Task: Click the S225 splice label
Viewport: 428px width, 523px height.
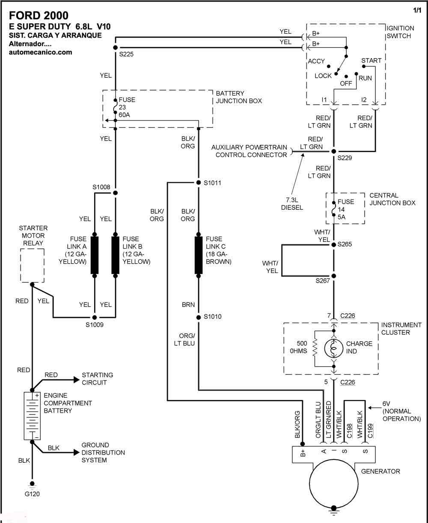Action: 126,54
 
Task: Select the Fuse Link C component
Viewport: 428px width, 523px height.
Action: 199,255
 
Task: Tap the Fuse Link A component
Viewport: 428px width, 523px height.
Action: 95,255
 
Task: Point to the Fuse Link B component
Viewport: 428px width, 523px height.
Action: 115,255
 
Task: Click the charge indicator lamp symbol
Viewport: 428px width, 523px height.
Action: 333,348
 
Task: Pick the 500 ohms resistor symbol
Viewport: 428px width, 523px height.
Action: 315,348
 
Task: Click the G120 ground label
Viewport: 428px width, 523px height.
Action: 32,494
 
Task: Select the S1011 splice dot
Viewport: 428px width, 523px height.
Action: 199,182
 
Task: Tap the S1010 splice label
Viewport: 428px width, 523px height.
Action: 212,317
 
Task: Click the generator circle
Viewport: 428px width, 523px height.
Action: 333,484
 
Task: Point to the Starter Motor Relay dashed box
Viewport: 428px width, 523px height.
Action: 32,265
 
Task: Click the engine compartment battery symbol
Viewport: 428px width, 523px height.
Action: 32,416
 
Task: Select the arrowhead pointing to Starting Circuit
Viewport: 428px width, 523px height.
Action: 77,380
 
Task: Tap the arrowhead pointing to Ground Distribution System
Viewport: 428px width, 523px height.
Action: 77,452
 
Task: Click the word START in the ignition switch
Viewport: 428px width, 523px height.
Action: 371,61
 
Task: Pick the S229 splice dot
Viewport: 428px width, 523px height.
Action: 333,151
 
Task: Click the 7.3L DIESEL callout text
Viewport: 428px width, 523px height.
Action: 292,203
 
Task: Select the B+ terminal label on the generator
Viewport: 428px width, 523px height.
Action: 303,453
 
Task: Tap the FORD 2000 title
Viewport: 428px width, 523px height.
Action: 39,15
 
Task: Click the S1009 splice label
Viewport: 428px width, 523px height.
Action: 95,325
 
